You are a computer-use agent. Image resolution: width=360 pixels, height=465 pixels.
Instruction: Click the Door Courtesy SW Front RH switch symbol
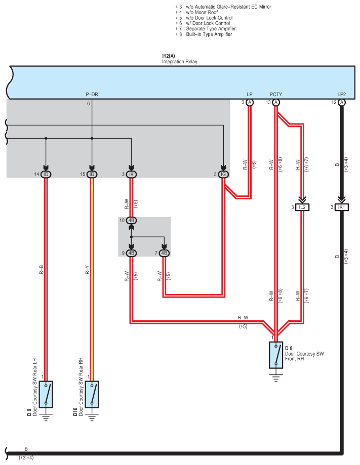(276, 354)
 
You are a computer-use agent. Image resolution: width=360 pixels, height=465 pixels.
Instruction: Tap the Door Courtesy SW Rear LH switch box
(46, 394)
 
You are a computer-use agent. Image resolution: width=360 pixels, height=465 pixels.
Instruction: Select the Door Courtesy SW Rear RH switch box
(92, 394)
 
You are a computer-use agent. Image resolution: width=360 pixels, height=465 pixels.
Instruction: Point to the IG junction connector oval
(223, 175)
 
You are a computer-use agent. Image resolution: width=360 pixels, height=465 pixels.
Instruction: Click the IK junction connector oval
(131, 175)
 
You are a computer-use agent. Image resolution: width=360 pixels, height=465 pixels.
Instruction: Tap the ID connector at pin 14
(46, 175)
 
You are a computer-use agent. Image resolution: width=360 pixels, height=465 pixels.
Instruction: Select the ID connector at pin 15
(92, 175)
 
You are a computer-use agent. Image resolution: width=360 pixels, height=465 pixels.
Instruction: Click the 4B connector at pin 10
(131, 221)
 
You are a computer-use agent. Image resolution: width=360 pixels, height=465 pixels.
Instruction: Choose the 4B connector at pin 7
(164, 252)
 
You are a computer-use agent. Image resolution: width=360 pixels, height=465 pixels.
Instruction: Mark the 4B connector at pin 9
(131, 252)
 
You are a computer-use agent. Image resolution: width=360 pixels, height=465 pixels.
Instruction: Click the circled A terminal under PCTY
(276, 102)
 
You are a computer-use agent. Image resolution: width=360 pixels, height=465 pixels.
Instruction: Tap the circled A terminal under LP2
(342, 102)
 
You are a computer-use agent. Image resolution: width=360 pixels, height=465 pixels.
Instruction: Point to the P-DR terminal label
(92, 95)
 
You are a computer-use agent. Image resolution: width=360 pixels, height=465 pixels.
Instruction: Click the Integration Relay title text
(179, 62)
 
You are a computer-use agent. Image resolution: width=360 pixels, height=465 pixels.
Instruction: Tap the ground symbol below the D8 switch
(276, 378)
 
